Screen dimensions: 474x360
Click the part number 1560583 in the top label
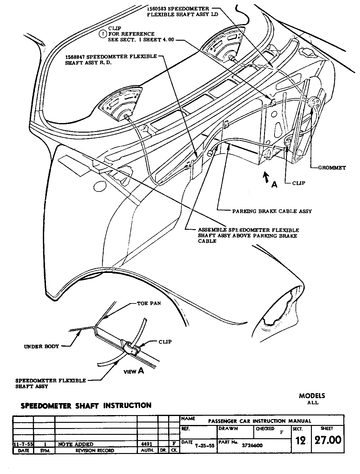pos(157,9)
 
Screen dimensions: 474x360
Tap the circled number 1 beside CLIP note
pos(103,34)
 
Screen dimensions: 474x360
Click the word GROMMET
pos(332,168)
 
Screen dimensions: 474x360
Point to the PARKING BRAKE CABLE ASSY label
pos(272,211)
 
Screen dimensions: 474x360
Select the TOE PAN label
pos(149,303)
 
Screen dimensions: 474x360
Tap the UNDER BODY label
pos(41,346)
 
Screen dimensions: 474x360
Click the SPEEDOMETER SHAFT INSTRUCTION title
pos(86,406)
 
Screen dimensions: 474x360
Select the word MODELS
pos(312,396)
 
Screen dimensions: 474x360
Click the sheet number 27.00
pos(328,440)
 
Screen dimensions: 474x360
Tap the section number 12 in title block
pos(300,441)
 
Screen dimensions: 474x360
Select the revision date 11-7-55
pos(23,444)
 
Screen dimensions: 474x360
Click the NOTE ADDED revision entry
pos(76,444)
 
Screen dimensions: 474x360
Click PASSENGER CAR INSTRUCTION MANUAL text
pos(259,421)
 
